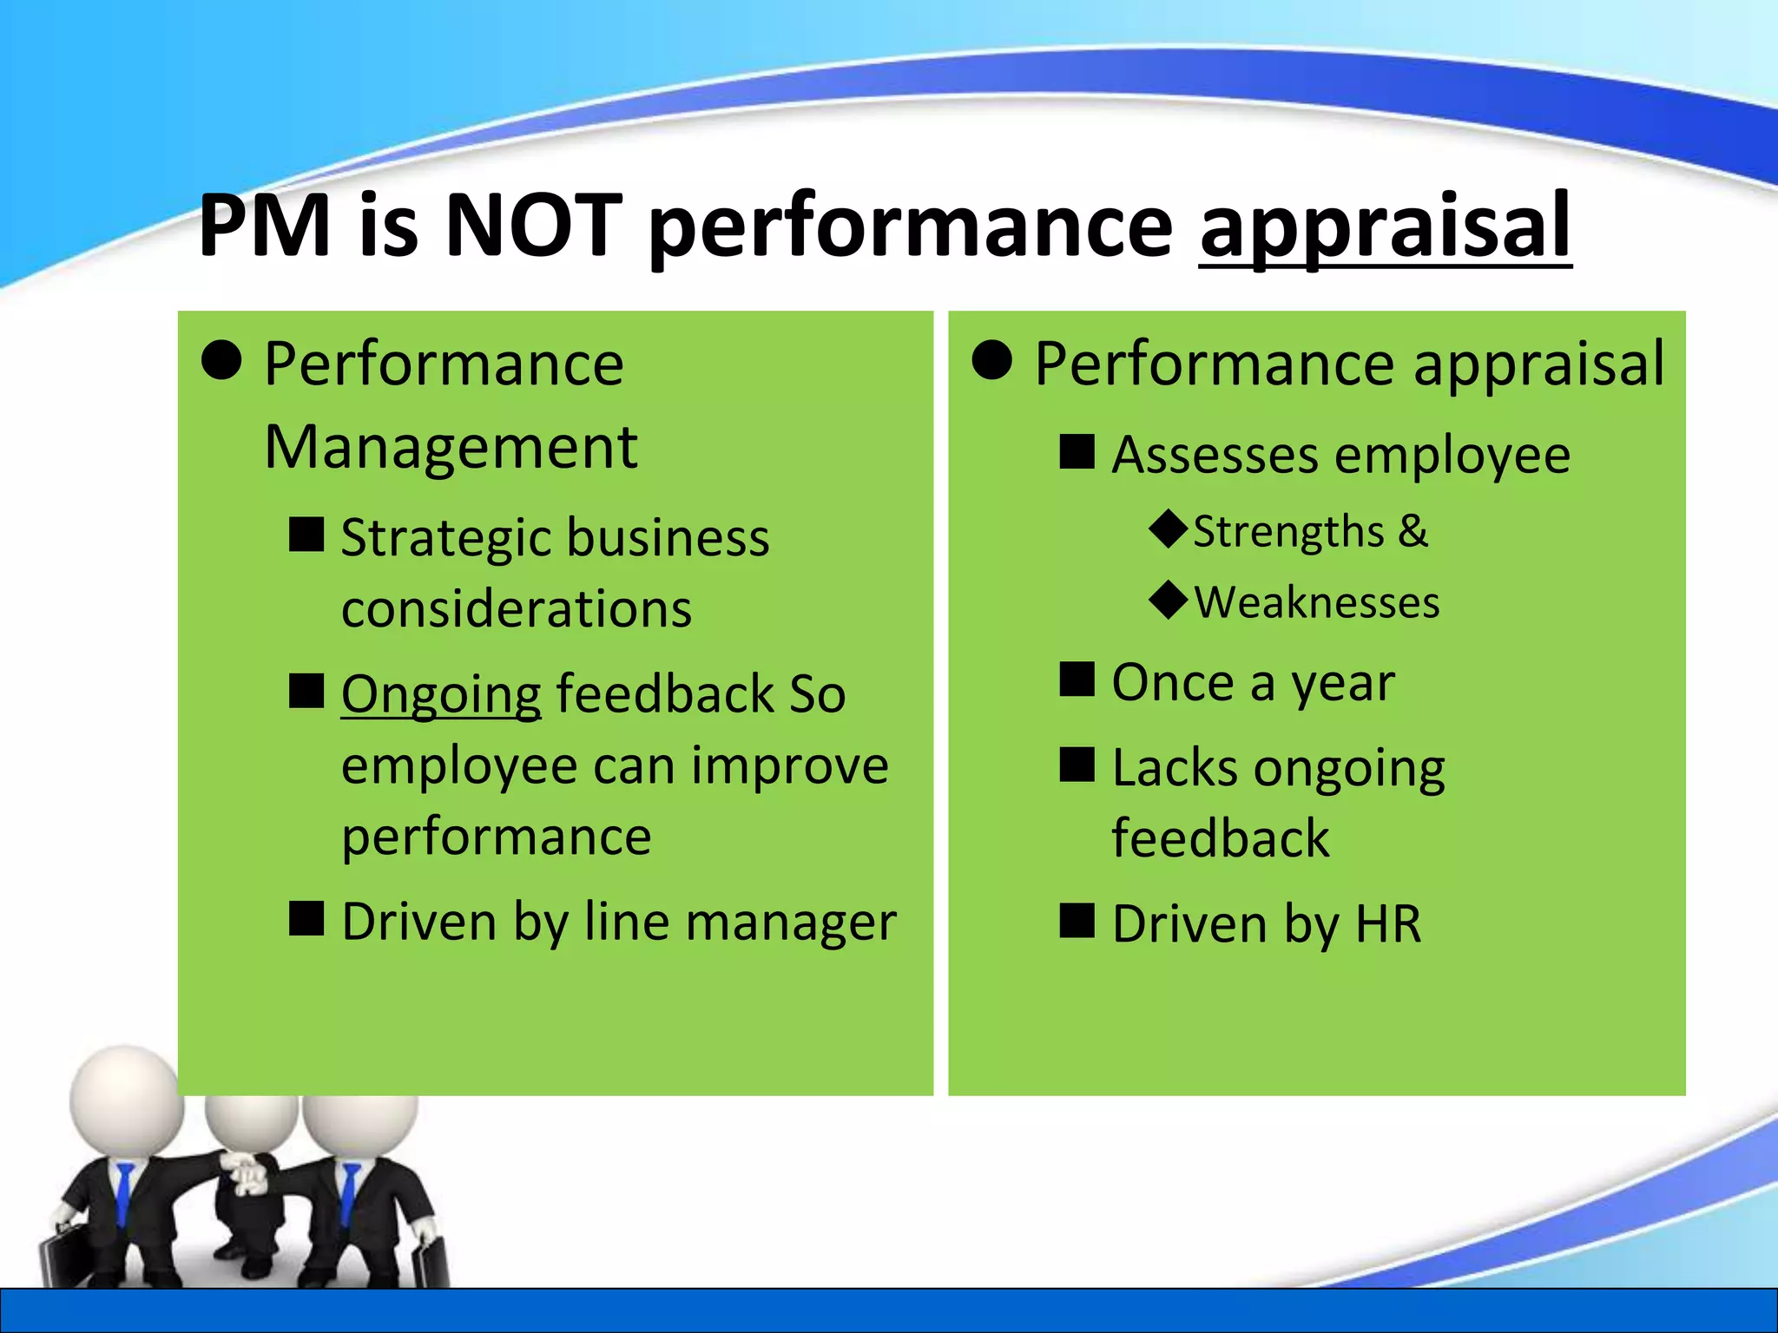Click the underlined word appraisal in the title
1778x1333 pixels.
coord(1385,227)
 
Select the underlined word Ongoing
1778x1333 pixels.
coord(441,695)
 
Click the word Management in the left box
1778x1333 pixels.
coord(451,448)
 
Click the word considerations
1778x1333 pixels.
coord(517,608)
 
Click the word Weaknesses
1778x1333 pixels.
coord(1317,602)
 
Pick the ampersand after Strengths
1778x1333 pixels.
coord(1413,530)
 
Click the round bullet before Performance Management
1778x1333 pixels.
coord(221,360)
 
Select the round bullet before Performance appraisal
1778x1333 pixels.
coord(992,360)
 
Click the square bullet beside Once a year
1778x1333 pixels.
coord(1077,680)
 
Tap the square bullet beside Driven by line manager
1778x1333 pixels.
coord(306,919)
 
